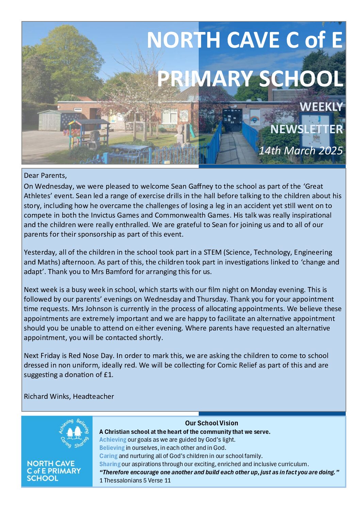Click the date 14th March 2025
click(300, 150)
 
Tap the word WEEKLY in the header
click(321, 107)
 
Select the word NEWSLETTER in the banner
click(307, 129)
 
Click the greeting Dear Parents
click(45, 175)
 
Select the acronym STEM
click(212, 252)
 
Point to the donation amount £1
click(108, 375)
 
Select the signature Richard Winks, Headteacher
click(69, 396)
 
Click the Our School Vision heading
click(211, 423)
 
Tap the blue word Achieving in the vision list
click(113, 440)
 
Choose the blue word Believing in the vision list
click(112, 448)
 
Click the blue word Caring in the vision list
click(108, 456)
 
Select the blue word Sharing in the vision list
click(110, 464)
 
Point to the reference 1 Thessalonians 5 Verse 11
click(135, 480)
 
